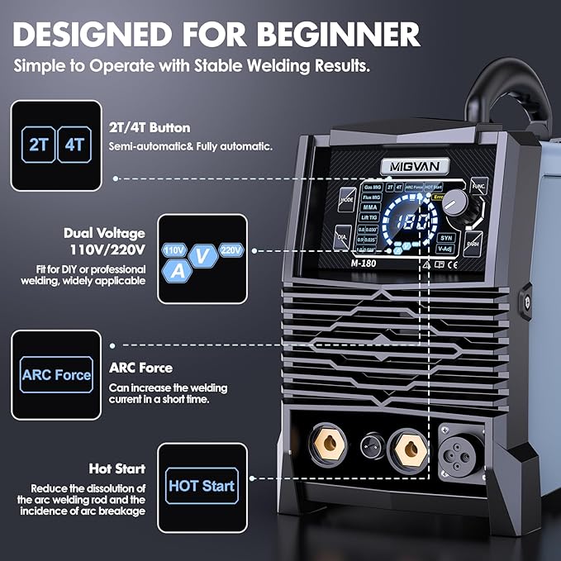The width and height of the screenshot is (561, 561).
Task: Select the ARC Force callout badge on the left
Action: click(x=57, y=374)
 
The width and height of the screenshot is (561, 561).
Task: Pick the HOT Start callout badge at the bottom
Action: click(x=201, y=486)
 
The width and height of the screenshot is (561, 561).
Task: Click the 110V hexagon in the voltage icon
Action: click(x=174, y=250)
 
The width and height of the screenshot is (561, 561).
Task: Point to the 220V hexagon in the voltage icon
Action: click(x=231, y=250)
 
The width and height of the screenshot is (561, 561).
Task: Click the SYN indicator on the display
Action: click(x=445, y=237)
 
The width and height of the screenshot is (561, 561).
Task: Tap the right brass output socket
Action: click(x=407, y=448)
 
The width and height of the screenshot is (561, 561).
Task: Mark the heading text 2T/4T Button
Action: click(x=150, y=128)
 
